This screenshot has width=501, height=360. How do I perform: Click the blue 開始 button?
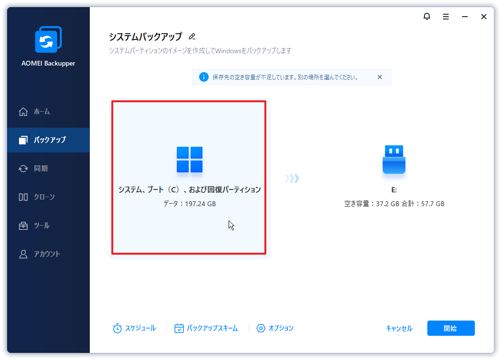[451, 328]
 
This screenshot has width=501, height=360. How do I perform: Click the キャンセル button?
[399, 329]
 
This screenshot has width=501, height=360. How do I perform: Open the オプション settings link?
[275, 328]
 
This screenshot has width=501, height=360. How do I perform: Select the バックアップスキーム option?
[206, 328]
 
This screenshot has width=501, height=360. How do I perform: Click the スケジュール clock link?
[135, 328]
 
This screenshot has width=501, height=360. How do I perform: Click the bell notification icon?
[426, 17]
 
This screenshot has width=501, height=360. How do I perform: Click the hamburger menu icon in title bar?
[446, 17]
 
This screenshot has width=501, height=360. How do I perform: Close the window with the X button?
[484, 17]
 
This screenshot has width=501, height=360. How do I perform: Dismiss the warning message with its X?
[379, 77]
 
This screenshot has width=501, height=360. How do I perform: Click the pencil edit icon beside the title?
[192, 37]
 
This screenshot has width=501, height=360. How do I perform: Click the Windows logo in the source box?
[190, 160]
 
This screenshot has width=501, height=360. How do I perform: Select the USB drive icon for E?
[394, 160]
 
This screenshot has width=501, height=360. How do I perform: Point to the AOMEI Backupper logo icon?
[48, 40]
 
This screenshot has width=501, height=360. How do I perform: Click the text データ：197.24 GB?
[190, 204]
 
